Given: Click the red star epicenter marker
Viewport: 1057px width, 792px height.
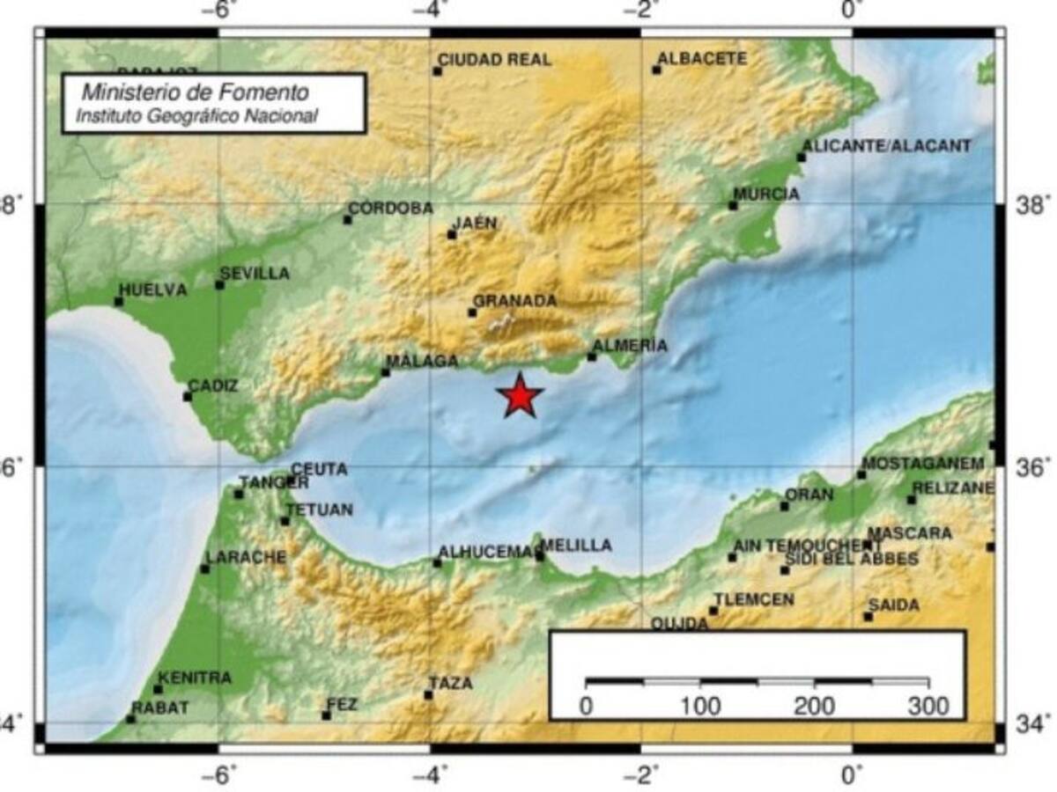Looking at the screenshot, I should click(521, 396).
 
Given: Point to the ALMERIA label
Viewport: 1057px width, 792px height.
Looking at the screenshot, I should click(631, 346).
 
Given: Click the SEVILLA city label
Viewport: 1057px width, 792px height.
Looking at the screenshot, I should click(255, 274).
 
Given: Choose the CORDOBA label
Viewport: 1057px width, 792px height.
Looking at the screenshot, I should click(391, 209).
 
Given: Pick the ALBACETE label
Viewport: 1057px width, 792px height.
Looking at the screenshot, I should click(703, 59).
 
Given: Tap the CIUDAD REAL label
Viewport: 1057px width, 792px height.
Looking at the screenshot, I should click(495, 60).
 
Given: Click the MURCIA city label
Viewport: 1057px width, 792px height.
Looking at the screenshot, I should click(766, 194).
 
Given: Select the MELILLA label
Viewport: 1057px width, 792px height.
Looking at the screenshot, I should click(577, 546).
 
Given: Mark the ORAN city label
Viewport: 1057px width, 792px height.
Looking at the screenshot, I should click(809, 495).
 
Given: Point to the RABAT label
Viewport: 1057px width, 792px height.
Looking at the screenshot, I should click(160, 708).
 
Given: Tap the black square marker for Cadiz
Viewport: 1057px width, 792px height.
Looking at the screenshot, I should click(188, 396).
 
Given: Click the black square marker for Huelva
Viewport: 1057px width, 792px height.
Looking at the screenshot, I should click(119, 302).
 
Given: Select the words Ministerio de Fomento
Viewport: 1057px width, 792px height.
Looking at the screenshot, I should click(196, 92).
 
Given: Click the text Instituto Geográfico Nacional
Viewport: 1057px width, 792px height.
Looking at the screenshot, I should click(196, 115).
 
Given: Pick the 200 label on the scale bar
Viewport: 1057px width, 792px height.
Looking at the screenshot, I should click(814, 706).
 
